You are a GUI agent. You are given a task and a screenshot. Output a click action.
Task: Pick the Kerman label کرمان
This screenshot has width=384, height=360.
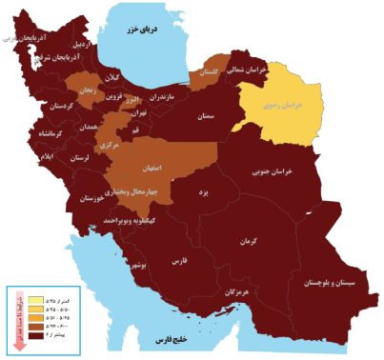(250, 241)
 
